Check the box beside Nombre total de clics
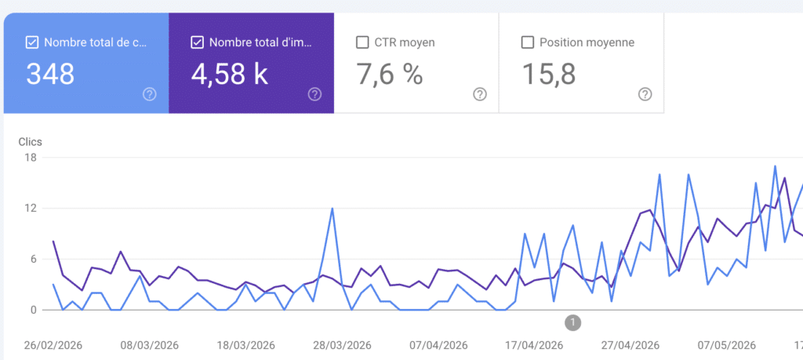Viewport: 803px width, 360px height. click(x=31, y=42)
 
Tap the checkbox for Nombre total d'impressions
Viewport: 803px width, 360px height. click(x=197, y=42)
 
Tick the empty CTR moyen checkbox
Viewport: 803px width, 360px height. click(x=362, y=42)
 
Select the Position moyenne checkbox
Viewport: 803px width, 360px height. click(x=528, y=42)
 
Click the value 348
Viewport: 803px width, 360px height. click(x=50, y=74)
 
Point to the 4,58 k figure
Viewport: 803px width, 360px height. click(x=230, y=74)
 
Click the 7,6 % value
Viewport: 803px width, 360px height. click(x=390, y=74)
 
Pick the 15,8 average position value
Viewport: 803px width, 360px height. click(x=549, y=74)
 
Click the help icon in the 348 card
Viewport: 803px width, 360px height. click(x=150, y=94)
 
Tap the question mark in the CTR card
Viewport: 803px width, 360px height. click(x=480, y=94)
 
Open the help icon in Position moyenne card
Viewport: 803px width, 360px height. click(x=645, y=94)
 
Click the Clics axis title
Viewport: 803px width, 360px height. click(x=31, y=142)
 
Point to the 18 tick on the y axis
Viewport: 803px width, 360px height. click(x=31, y=157)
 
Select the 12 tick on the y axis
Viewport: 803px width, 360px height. click(x=31, y=208)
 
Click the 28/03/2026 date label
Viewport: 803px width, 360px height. click(x=342, y=345)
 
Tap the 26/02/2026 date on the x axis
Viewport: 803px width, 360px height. click(x=53, y=345)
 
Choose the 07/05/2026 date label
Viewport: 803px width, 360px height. click(x=727, y=345)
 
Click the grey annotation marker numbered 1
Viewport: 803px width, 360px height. click(x=573, y=322)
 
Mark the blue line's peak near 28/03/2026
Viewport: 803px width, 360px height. click(x=332, y=208)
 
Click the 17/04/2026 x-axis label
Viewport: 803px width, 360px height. click(x=535, y=345)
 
